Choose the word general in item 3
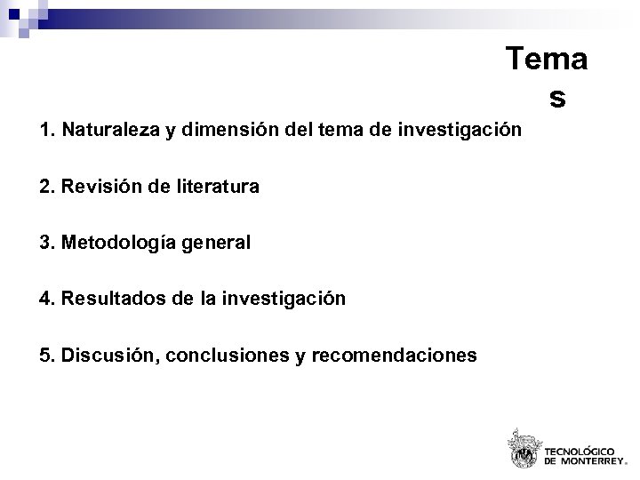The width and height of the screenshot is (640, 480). [219, 244]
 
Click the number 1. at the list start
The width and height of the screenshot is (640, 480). [47, 131]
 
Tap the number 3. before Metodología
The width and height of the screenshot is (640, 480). [47, 243]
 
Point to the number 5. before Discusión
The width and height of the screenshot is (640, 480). [47, 356]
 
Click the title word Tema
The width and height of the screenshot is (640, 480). [546, 60]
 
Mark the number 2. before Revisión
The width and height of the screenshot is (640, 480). [47, 187]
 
